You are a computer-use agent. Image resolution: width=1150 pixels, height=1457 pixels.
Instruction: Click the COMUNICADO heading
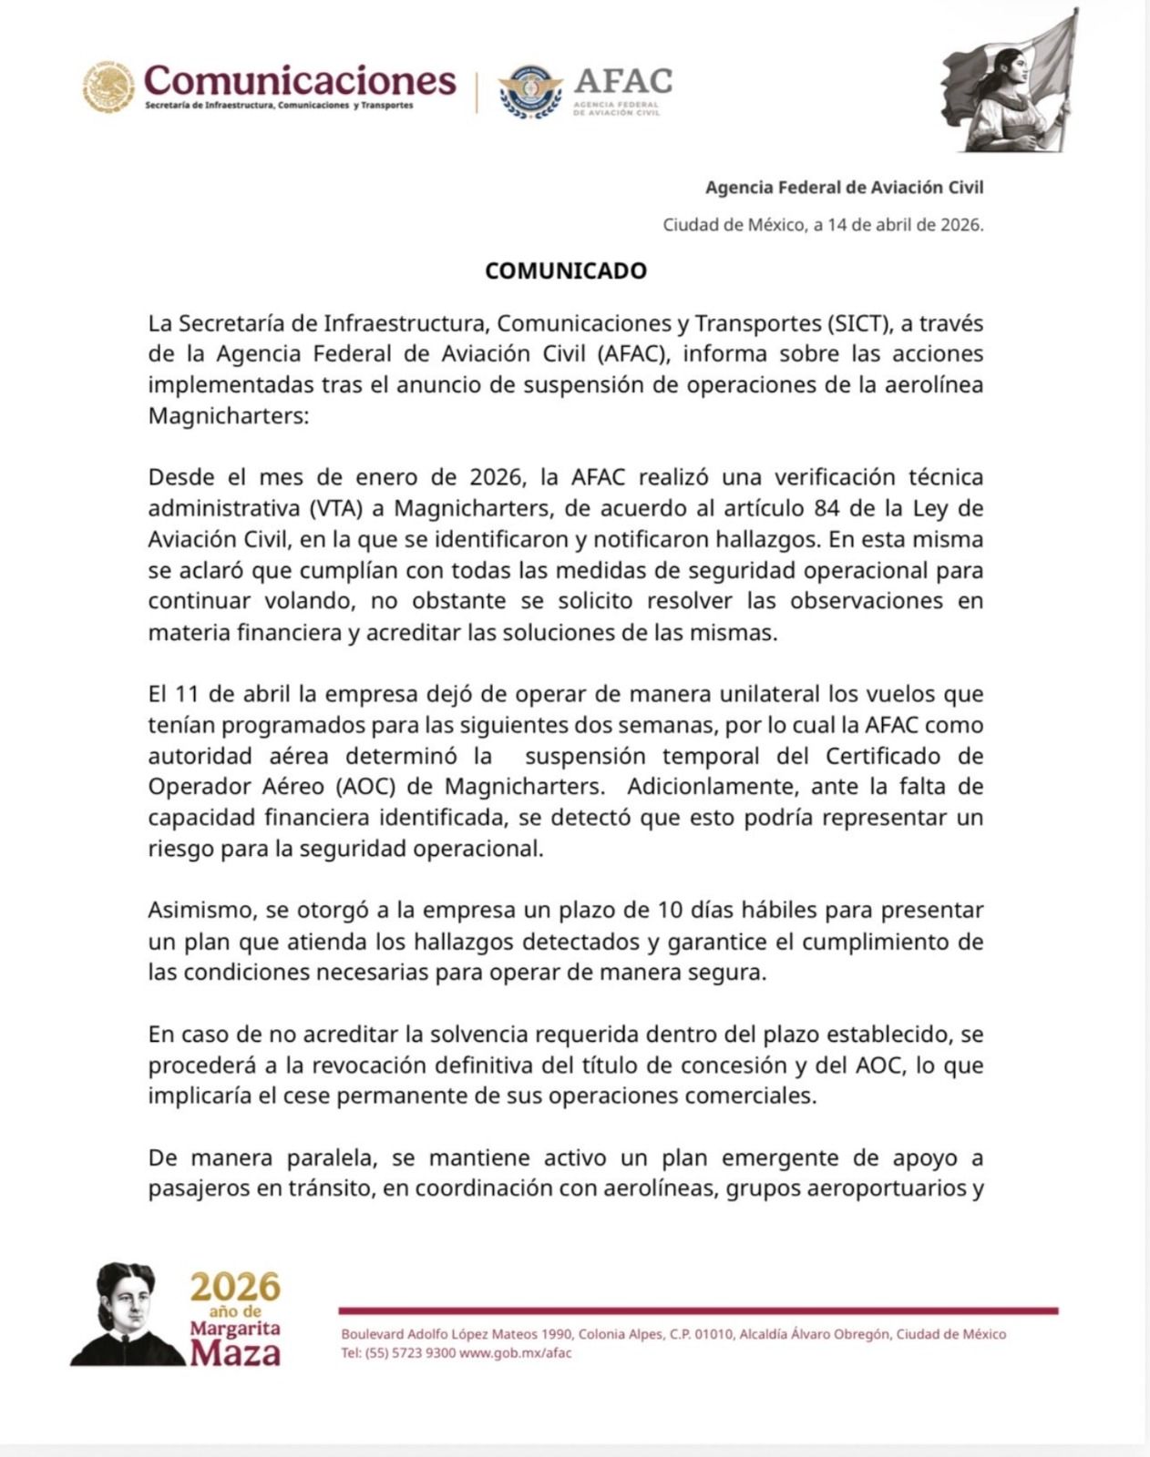565,270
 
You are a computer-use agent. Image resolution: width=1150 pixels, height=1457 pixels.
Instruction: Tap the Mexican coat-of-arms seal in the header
108,87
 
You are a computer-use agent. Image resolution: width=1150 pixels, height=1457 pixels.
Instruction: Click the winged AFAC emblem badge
529,92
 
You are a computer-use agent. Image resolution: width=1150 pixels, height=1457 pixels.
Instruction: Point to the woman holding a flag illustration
1011,87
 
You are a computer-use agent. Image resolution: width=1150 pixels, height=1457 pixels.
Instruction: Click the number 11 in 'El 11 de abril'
186,694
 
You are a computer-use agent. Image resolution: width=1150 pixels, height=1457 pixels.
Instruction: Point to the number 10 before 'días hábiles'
670,910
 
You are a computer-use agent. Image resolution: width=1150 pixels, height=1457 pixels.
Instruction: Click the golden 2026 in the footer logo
235,1287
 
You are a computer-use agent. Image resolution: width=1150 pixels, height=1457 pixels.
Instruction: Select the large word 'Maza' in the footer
235,1352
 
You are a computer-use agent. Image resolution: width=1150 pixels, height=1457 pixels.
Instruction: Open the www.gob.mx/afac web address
516,1353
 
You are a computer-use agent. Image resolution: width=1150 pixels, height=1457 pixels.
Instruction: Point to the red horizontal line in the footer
698,1311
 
